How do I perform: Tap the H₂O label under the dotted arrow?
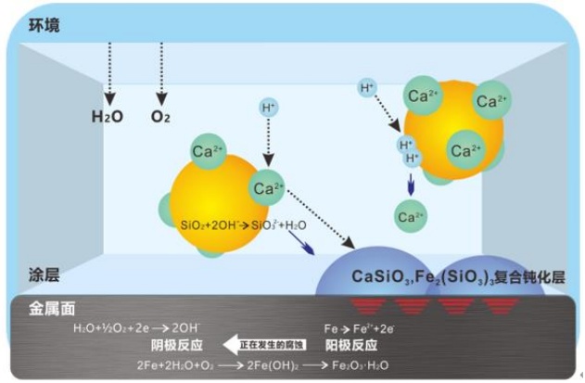[x=107, y=118]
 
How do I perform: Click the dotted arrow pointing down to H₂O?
[x=108, y=73]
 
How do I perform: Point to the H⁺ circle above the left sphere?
[x=268, y=109]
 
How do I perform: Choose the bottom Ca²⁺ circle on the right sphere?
[x=464, y=148]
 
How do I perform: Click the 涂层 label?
[x=45, y=275]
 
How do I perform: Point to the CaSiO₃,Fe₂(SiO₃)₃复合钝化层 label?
[x=457, y=276]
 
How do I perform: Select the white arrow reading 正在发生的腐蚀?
[x=268, y=342]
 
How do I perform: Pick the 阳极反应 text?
[x=355, y=343]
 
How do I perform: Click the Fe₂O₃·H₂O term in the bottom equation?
[x=357, y=364]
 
